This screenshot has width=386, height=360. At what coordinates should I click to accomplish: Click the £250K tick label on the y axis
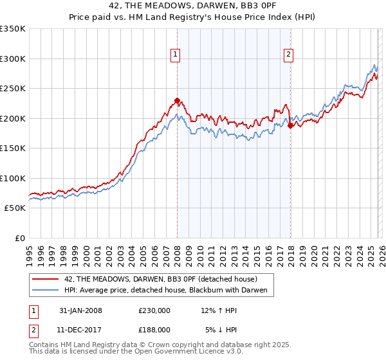pos(13,89)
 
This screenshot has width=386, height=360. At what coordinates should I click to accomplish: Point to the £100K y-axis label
pos(13,178)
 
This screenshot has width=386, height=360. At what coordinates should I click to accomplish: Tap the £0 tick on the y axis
pos(19,238)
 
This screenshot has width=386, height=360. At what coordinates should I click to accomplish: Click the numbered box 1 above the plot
pos(175,55)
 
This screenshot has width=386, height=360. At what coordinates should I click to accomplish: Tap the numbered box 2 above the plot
pos(289,55)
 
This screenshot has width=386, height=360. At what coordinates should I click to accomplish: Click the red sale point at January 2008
pos(177,100)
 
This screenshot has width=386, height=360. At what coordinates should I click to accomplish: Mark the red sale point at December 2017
pos(290,126)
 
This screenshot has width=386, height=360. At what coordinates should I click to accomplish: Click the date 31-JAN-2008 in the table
pos(81,310)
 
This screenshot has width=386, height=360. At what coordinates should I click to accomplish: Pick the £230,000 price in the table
pos(154,310)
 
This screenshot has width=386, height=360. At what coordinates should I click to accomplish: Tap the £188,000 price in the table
pos(154,329)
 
